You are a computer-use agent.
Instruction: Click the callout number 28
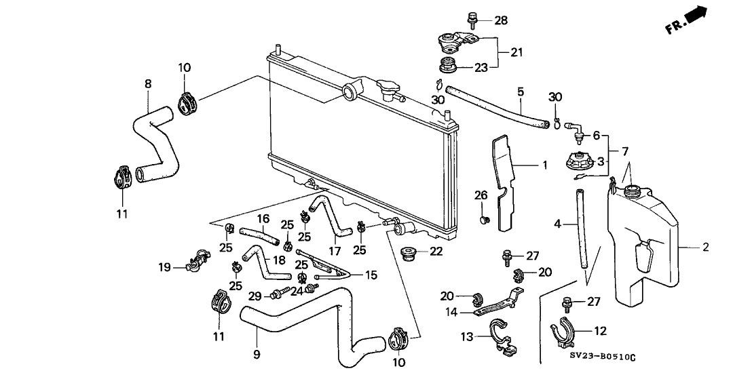point(500,20)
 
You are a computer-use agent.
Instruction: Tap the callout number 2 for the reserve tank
point(705,248)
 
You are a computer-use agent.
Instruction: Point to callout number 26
point(481,196)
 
